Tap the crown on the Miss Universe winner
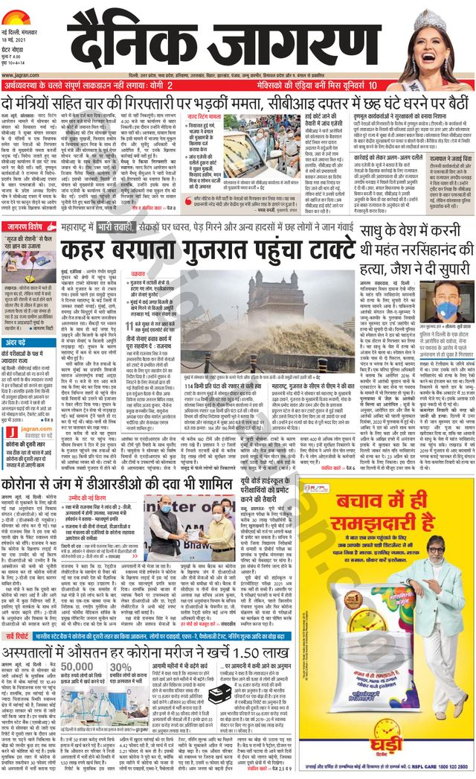[437, 19]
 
